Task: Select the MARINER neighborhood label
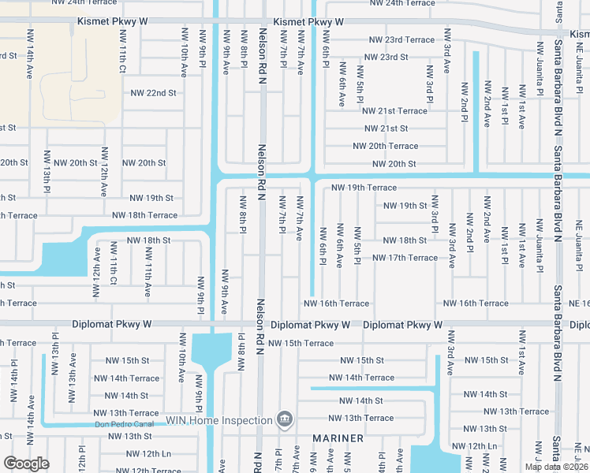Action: pyautogui.click(x=337, y=438)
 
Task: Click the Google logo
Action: pyautogui.click(x=26, y=464)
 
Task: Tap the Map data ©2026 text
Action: pyautogui.click(x=556, y=467)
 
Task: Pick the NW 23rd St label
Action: pyautogui.click(x=386, y=58)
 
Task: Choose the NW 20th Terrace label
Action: pyautogui.click(x=385, y=146)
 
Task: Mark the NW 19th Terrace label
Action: pyautogui.click(x=364, y=188)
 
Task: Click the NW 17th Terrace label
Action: pyautogui.click(x=405, y=258)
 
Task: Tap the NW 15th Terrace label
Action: pyautogui.click(x=301, y=344)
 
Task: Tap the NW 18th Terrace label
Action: pyautogui.click(x=145, y=214)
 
